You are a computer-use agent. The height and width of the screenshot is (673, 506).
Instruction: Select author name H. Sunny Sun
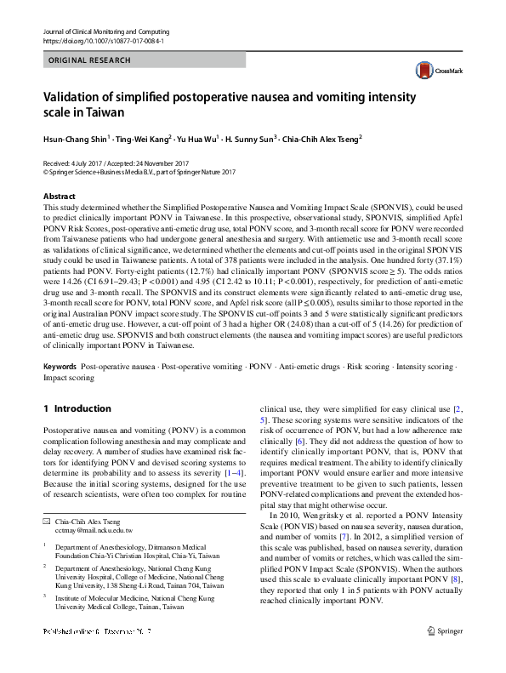248,136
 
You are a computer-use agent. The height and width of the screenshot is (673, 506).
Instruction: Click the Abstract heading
59,197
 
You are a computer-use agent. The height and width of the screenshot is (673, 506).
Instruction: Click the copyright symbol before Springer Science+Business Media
45,170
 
